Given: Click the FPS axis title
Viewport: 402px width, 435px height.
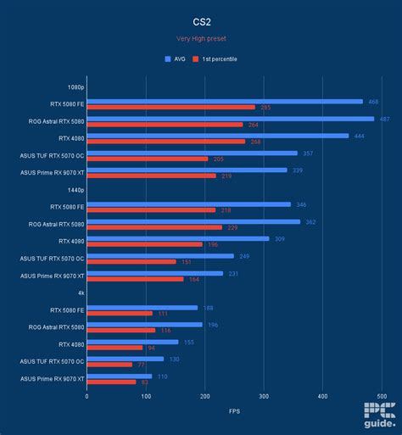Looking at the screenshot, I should click(234, 412).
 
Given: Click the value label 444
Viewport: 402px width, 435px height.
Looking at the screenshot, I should click(358, 136).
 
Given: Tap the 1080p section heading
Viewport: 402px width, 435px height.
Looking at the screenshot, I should click(75, 86).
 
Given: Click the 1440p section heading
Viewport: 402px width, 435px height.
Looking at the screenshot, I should click(75, 190).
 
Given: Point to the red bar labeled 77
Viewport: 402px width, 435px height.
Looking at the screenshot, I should click(109, 365).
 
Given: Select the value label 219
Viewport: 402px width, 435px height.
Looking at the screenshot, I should click(226, 176).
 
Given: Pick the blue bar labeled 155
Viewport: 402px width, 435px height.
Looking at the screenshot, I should click(132, 342).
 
